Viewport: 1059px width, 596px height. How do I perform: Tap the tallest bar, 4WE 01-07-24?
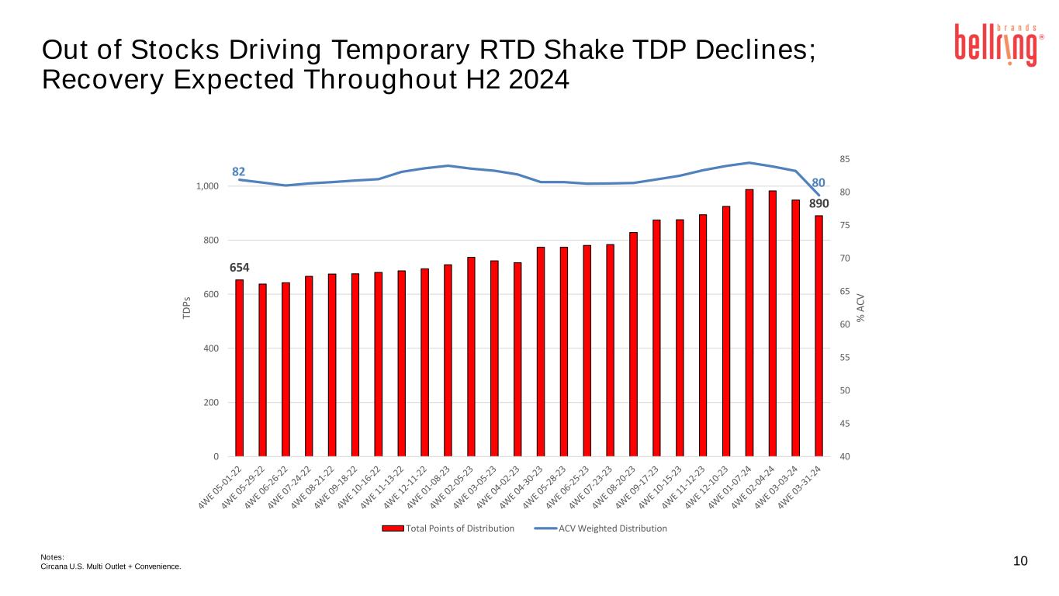(749, 323)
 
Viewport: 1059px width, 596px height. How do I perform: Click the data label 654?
(240, 268)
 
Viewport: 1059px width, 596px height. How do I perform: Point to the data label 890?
(818, 203)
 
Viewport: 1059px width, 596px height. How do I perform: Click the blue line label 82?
(239, 171)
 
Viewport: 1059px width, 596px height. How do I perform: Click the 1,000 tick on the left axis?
(207, 187)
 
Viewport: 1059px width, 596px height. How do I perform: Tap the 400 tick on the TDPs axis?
(212, 348)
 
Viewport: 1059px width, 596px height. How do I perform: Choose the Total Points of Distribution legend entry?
(448, 528)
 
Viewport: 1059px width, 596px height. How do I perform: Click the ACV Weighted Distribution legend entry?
(601, 528)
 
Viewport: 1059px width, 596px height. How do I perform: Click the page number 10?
(1020, 561)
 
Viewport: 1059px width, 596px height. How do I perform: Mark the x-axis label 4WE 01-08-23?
(430, 487)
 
